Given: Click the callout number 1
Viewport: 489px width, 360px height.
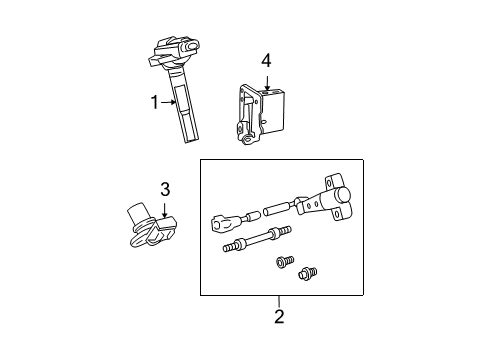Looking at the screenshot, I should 154,100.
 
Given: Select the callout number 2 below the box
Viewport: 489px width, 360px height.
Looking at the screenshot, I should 279,317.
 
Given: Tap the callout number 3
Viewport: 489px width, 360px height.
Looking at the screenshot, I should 166,188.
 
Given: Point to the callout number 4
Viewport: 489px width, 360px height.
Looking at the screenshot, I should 266,62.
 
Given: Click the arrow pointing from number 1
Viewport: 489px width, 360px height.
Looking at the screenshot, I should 170,100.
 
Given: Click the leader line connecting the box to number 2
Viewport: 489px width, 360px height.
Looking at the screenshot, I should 279,302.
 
